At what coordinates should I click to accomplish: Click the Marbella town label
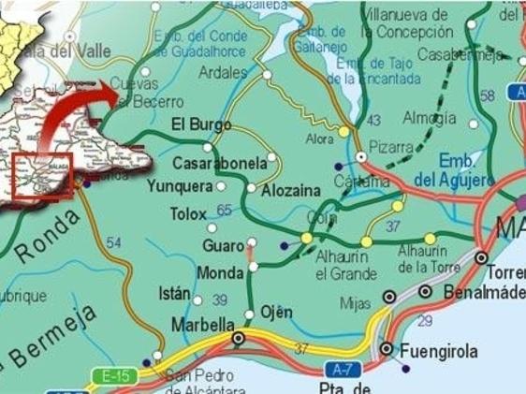point(203,325)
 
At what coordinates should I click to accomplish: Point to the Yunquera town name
point(180,186)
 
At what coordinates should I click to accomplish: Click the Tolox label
point(188,214)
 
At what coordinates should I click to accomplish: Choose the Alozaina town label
point(292,190)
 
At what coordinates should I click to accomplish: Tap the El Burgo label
point(200,124)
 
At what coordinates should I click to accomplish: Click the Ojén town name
point(277,312)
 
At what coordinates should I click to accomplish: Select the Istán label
point(174,293)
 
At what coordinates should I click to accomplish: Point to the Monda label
point(221,273)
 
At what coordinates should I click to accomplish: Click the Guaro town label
point(223,245)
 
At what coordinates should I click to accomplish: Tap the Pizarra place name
point(391,147)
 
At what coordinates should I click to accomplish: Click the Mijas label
point(354,303)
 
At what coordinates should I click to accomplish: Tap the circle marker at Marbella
point(239,337)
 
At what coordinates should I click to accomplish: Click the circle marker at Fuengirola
point(386,349)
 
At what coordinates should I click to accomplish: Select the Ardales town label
point(224,72)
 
